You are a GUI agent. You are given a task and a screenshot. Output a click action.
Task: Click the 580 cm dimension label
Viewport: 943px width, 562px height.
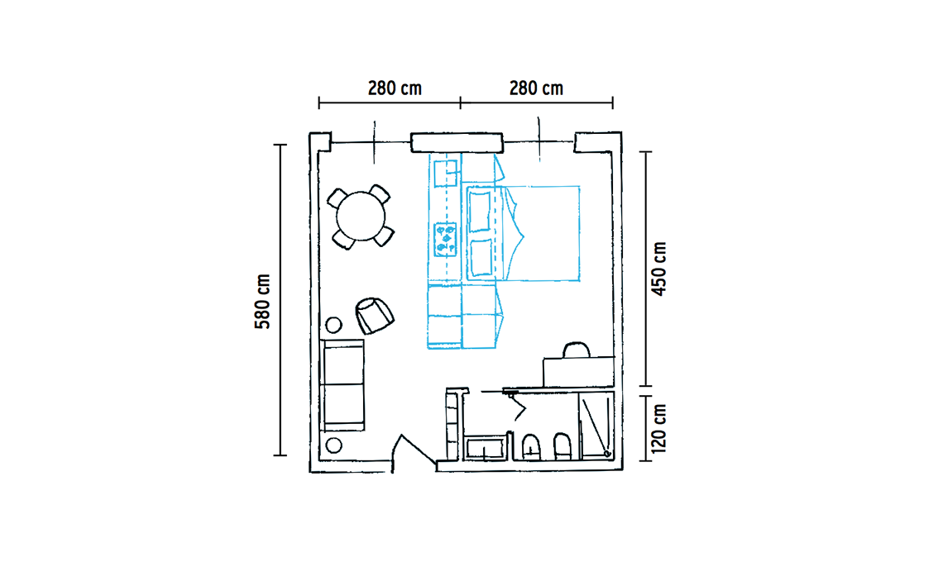tap(263, 301)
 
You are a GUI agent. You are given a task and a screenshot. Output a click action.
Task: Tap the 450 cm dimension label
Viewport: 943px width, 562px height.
tap(660, 269)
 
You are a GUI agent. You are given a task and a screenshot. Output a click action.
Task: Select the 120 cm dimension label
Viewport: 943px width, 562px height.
tap(659, 428)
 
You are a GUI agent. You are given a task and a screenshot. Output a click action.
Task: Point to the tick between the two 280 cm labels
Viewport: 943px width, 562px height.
tap(460, 102)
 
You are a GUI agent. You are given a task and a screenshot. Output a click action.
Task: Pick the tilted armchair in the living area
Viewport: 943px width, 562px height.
tap(374, 315)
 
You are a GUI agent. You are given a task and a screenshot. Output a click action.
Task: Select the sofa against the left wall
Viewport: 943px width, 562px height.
tap(342, 385)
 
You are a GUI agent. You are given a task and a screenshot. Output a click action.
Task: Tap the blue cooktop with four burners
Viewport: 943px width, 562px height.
tap(445, 239)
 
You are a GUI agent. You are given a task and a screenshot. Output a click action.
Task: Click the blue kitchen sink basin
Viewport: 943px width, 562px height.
tap(446, 173)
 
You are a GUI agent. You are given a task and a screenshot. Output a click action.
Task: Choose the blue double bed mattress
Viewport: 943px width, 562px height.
tap(524, 233)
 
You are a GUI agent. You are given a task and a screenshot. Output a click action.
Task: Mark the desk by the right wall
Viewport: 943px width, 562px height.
tap(578, 371)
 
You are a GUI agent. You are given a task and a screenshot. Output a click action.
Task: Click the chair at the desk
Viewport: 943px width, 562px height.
tap(577, 350)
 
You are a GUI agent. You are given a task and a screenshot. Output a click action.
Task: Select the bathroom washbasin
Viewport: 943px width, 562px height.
tap(484, 449)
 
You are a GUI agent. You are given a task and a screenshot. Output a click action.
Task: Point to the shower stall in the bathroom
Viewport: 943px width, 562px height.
tap(596, 425)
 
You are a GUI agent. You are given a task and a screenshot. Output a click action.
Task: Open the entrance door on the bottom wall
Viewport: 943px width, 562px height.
tap(413, 450)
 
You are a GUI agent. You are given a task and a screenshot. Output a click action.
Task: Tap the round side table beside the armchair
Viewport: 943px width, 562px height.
tap(333, 325)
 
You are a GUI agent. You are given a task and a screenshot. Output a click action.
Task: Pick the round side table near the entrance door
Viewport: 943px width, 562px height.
tap(333, 445)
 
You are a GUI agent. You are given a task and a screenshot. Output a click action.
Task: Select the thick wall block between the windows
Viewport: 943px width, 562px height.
tap(457, 142)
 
